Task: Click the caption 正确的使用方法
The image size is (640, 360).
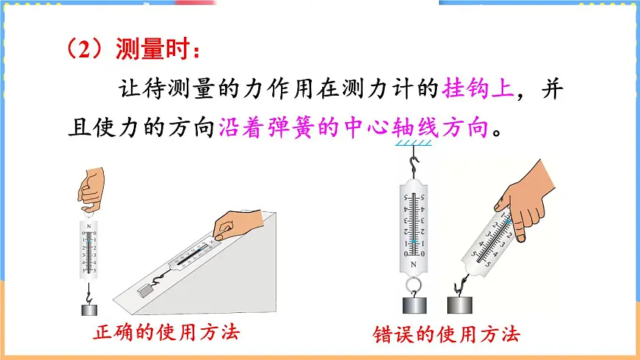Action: pyautogui.click(x=166, y=333)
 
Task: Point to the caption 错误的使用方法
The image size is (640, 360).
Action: pyautogui.click(x=447, y=335)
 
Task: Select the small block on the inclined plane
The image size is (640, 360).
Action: pyautogui.click(x=146, y=290)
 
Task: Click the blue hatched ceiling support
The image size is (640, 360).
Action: pyautogui.click(x=414, y=144)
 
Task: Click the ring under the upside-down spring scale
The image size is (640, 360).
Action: pyautogui.click(x=413, y=283)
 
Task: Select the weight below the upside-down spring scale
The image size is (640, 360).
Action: pyautogui.click(x=413, y=306)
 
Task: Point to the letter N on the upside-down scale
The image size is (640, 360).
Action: pyautogui.click(x=414, y=264)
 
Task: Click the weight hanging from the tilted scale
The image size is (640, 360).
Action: pyautogui.click(x=461, y=305)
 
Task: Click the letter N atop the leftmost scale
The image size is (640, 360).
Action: pyautogui.click(x=89, y=227)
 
